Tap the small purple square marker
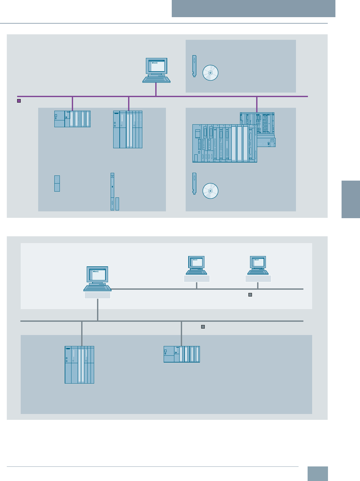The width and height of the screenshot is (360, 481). click(19, 101)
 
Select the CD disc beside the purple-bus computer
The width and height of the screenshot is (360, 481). click(210, 73)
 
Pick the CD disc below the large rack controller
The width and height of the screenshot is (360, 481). click(210, 191)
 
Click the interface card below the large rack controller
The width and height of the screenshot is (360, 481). click(194, 184)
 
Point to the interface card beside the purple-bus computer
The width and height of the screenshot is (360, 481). click(194, 66)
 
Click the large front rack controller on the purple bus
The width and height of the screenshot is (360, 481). click(224, 143)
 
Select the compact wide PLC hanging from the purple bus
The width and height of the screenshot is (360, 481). click(72, 119)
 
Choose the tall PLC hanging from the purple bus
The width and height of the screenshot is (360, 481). click(128, 129)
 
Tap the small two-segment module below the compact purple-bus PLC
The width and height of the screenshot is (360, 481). click(57, 183)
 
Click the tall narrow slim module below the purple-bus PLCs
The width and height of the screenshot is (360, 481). click(112, 192)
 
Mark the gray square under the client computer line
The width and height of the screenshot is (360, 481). click(250, 295)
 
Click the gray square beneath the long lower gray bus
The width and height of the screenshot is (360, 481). click(203, 327)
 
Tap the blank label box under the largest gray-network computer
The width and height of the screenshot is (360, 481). click(97, 295)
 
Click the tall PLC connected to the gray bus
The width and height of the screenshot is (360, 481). click(79, 365)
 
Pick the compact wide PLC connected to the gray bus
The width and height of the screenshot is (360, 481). click(181, 354)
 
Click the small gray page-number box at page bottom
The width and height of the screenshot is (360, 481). click(317, 474)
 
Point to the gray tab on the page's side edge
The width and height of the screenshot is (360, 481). click(351, 199)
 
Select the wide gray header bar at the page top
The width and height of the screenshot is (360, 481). click(253, 8)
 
